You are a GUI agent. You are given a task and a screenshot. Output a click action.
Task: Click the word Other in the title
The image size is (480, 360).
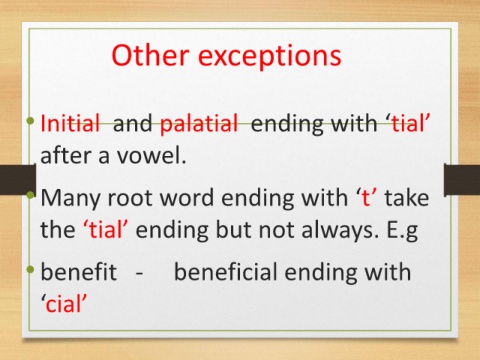point(150,55)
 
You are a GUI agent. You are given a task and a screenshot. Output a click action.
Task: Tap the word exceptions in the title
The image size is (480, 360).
point(270,57)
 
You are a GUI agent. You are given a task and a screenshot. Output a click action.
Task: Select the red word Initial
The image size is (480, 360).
point(70,123)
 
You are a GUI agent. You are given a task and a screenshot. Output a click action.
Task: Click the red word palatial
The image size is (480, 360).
point(199,123)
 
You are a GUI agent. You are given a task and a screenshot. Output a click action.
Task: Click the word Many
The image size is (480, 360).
point(70,199)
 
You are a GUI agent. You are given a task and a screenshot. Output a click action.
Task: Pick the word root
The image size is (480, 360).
point(130,198)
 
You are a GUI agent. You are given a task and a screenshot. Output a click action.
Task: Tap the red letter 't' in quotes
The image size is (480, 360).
point(366,197)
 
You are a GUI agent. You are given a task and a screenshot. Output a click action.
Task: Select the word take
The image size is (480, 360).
point(407,197)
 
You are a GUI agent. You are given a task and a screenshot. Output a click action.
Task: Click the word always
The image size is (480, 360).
point(340,231)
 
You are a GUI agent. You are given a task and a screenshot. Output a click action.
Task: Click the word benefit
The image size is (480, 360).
point(78,271)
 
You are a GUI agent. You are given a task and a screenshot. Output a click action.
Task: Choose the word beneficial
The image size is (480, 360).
point(226,271)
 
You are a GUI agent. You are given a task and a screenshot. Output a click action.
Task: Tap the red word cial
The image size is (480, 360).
point(64,304)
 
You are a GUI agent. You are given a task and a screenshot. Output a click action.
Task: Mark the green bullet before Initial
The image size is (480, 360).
point(31,120)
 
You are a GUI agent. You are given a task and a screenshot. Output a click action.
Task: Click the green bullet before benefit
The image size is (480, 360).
point(31,269)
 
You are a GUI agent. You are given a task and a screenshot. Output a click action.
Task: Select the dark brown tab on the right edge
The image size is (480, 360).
point(462,179)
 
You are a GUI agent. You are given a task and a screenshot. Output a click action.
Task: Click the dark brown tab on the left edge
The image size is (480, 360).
point(18,179)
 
